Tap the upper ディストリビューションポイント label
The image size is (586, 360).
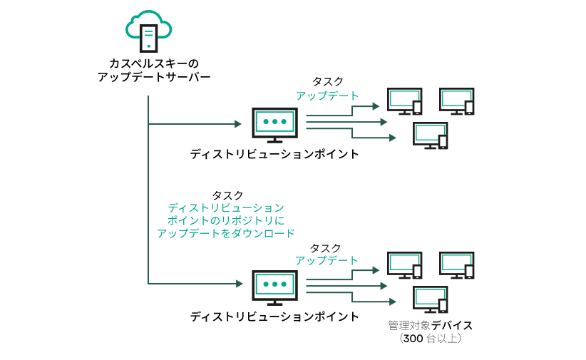point(274,154)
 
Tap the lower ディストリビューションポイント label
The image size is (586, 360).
point(274,316)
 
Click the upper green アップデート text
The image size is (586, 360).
point(327,95)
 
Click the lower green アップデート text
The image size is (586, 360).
point(327,260)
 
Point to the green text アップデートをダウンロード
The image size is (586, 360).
point(225,233)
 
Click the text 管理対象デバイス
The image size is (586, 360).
point(430,325)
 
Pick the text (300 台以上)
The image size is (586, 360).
point(430,339)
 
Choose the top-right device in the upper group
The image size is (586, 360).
point(457,101)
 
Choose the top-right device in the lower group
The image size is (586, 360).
point(457,265)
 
